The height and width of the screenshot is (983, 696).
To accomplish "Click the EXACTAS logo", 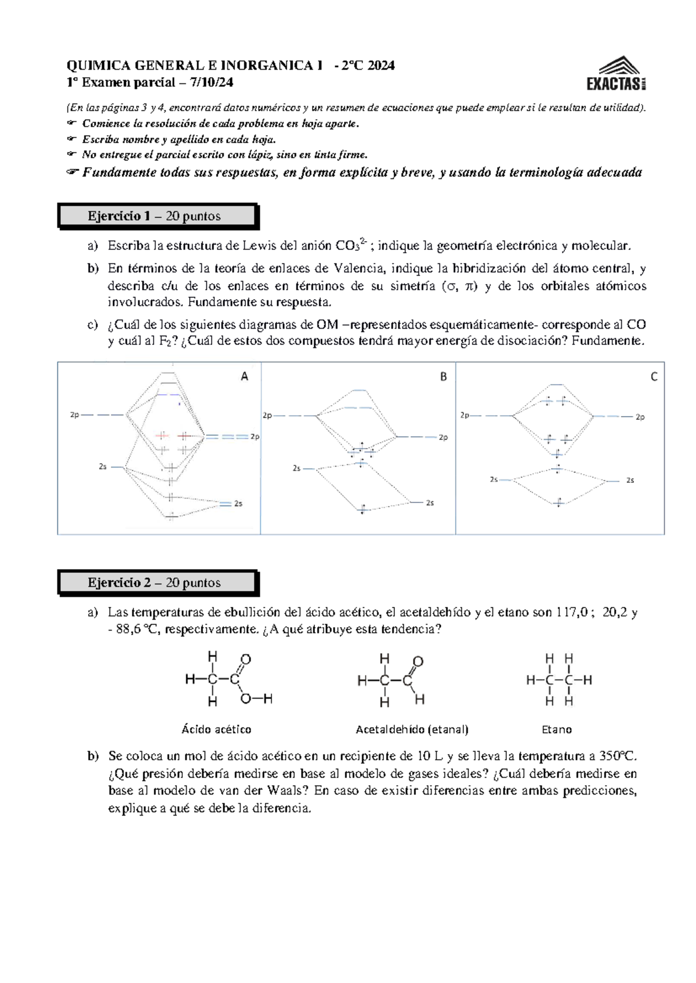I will click(616, 74).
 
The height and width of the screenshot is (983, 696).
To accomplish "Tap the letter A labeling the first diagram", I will click(244, 377).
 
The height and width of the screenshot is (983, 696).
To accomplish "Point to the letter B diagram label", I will click(443, 377).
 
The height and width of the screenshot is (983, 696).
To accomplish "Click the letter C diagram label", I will click(654, 377).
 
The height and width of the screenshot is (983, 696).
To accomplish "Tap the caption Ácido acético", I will click(216, 730).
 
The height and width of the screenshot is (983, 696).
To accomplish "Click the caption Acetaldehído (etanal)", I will click(412, 730).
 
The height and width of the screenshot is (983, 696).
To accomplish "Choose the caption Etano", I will click(556, 730).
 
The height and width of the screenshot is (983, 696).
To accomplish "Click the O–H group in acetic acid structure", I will click(256, 699).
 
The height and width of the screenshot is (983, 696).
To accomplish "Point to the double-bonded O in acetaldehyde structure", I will click(418, 662).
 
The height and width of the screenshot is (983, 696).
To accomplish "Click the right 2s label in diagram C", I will click(630, 480).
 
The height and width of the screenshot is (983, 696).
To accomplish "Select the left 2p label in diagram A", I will click(75, 415).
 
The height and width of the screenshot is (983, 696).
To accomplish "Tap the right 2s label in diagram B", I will click(430, 503).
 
